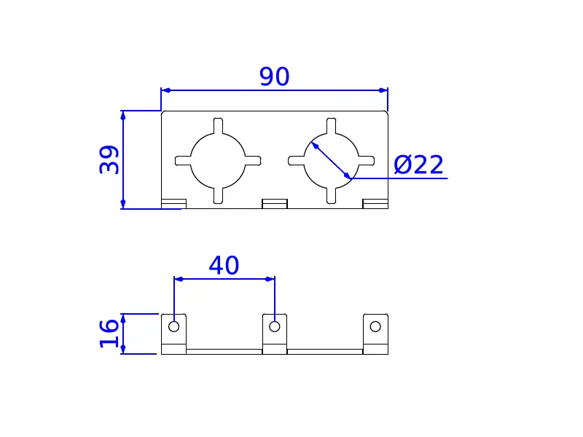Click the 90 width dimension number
[x=275, y=76]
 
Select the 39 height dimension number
[x=109, y=160]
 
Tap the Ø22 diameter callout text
[x=418, y=165]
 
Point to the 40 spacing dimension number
[x=224, y=265]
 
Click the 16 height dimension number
[x=109, y=334]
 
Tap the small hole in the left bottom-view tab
[x=173, y=326]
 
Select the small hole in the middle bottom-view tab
[x=275, y=326]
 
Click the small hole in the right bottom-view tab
[x=375, y=326]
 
